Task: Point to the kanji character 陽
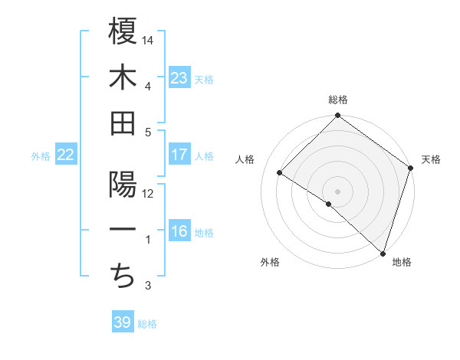pyautogui.click(x=123, y=185)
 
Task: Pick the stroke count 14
pyautogui.click(x=149, y=39)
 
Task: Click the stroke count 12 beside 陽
pyautogui.click(x=149, y=193)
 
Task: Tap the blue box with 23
pyautogui.click(x=179, y=77)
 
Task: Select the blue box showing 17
pyautogui.click(x=179, y=155)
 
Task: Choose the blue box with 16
pyautogui.click(x=179, y=232)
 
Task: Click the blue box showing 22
pyautogui.click(x=66, y=155)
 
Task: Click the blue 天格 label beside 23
pyautogui.click(x=204, y=79)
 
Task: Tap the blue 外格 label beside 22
pyautogui.click(x=41, y=156)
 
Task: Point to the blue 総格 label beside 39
pyautogui.click(x=147, y=324)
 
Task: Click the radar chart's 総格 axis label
pyautogui.click(x=338, y=100)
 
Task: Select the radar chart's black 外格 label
pyautogui.click(x=270, y=262)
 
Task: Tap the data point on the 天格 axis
pyautogui.click(x=410, y=168)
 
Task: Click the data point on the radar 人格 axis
pyautogui.click(x=280, y=173)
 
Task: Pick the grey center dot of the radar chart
pyautogui.click(x=338, y=191)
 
